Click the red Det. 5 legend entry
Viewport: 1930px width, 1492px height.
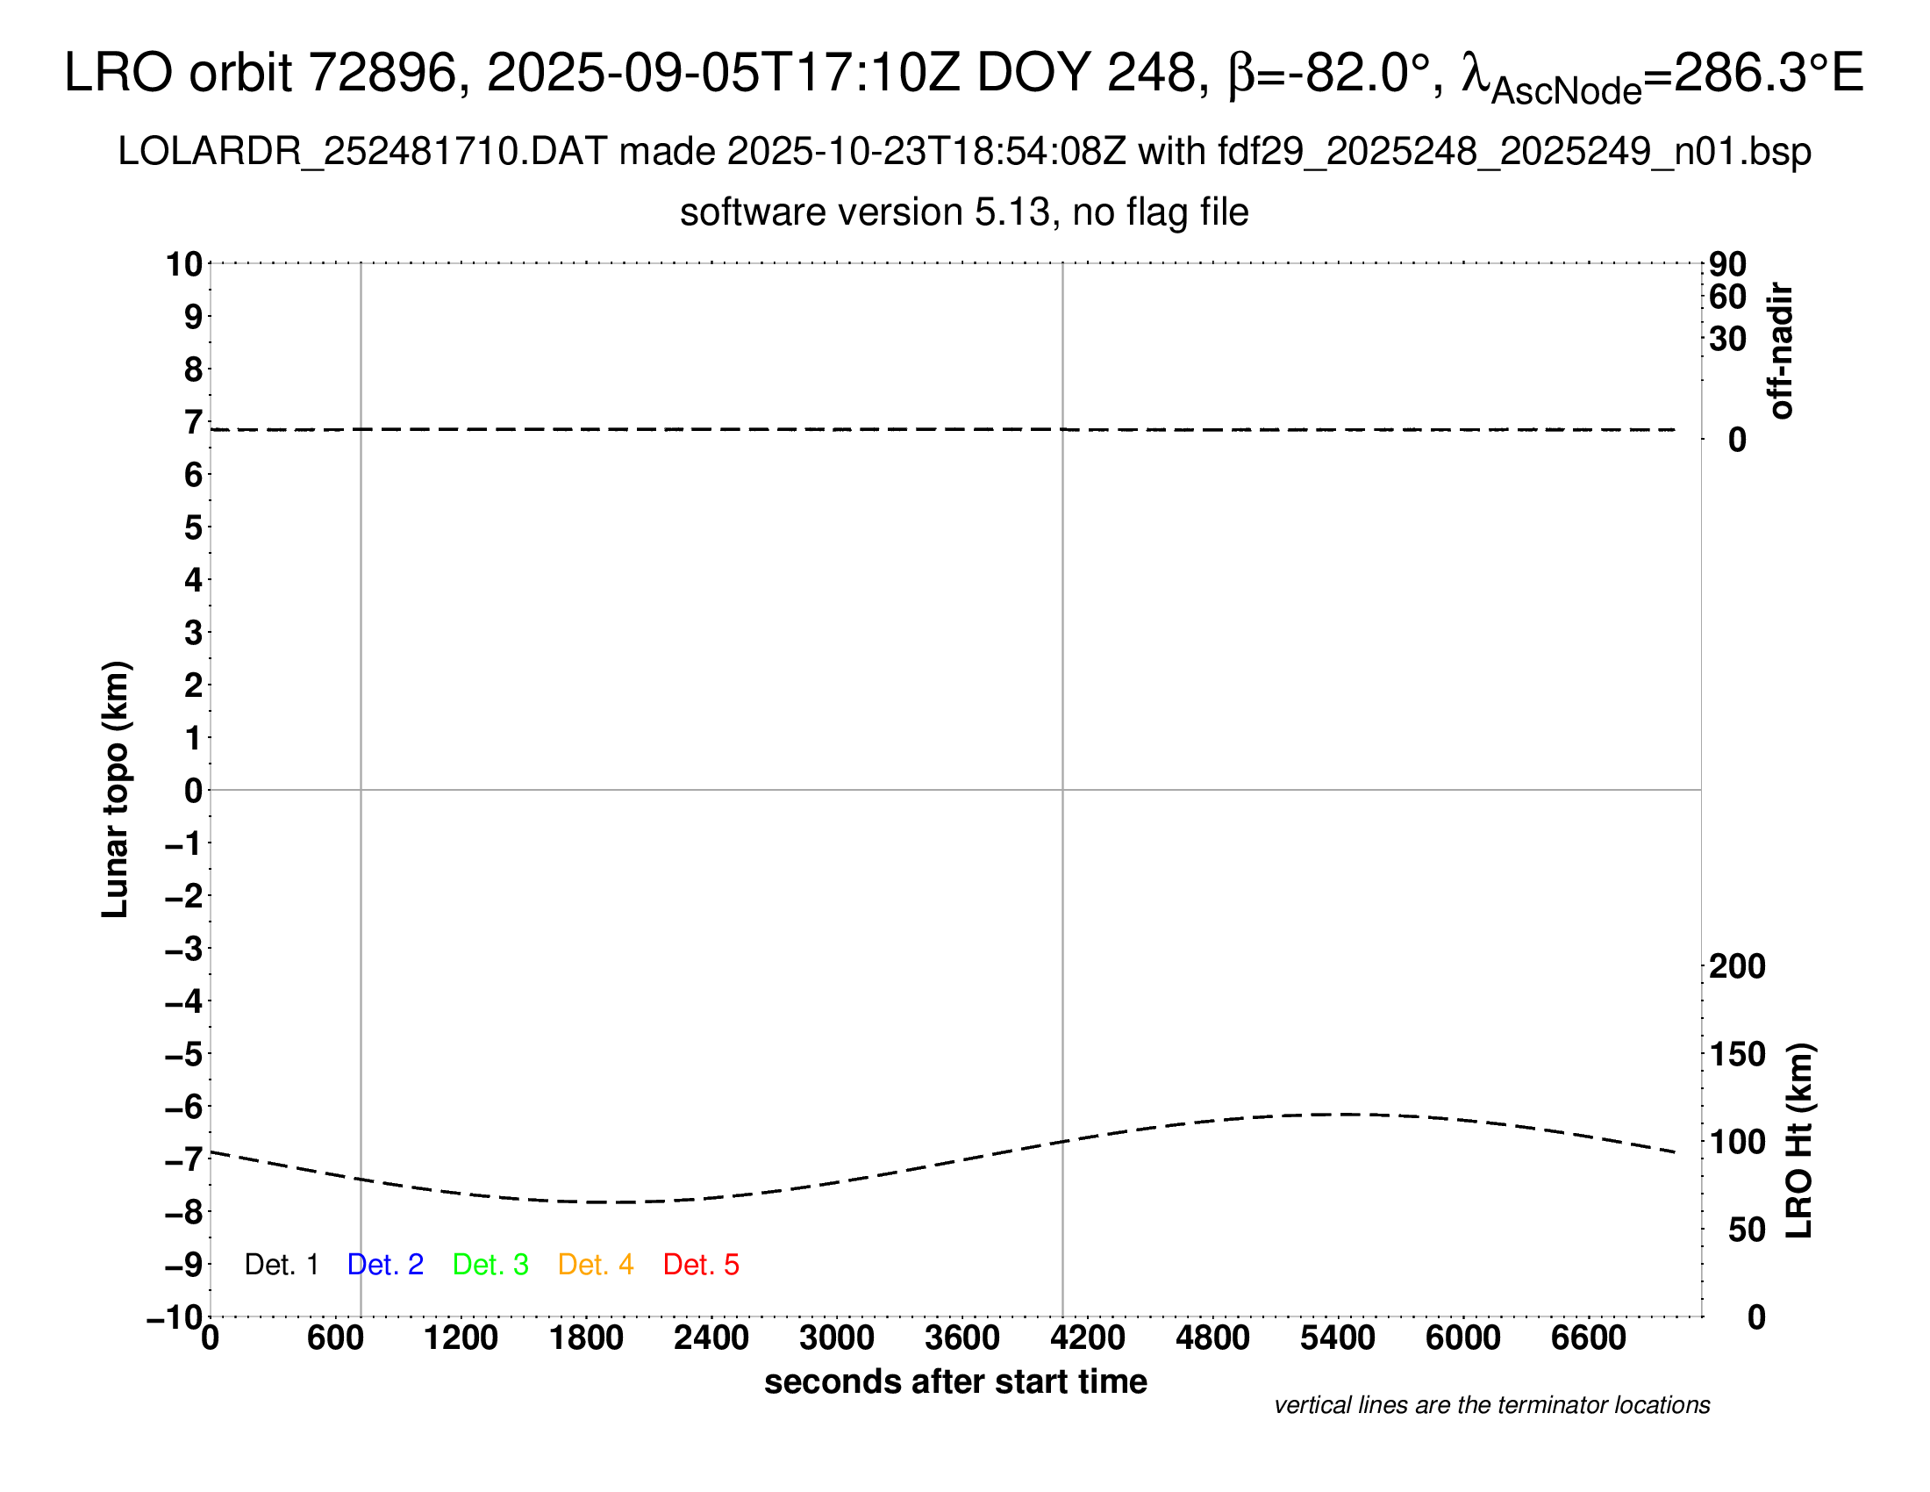(x=701, y=1265)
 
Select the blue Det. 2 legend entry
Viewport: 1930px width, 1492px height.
(x=385, y=1265)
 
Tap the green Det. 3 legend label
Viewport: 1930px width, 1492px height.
(x=490, y=1265)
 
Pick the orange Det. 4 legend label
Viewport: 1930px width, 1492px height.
(x=596, y=1265)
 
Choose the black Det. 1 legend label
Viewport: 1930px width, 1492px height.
(x=281, y=1265)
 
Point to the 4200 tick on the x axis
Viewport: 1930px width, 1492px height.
(x=1088, y=1338)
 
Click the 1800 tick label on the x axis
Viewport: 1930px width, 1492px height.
(x=586, y=1338)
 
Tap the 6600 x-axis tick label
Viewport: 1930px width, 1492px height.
(x=1589, y=1338)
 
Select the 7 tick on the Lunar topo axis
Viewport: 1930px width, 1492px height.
(x=194, y=422)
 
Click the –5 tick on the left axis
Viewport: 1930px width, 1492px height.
(x=184, y=1054)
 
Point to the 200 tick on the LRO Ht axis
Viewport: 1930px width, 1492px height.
(x=1737, y=966)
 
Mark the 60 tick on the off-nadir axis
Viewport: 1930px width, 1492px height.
(x=1727, y=297)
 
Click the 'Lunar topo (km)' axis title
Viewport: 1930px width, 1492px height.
(x=116, y=789)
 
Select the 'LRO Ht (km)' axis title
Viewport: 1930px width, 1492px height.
(x=1799, y=1141)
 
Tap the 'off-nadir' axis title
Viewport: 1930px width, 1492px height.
(x=1782, y=351)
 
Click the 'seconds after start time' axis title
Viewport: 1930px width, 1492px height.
(x=955, y=1381)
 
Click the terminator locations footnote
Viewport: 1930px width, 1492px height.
(x=1491, y=1405)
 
